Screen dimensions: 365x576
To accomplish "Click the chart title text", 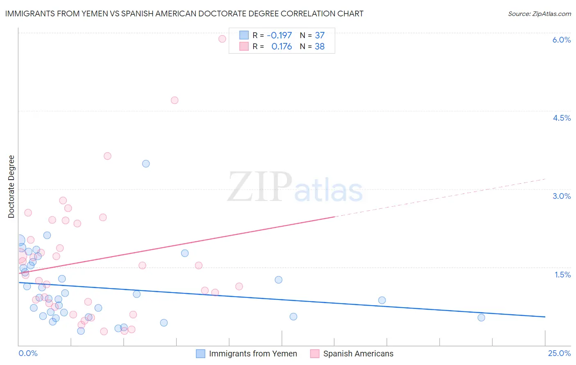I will tap(184, 14).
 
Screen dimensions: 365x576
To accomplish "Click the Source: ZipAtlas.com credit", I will tap(539, 14).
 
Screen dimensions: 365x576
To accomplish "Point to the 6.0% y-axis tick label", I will tap(561, 40).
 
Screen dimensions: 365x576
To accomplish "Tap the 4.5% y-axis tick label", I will tap(561, 118).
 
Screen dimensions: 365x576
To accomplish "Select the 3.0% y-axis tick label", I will tap(561, 196).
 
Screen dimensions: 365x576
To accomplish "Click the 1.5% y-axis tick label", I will tap(562, 275).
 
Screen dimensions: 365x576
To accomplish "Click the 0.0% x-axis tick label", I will tap(28, 353).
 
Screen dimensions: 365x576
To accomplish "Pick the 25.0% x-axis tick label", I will tap(559, 353).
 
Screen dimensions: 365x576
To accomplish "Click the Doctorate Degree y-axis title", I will tap(11, 187).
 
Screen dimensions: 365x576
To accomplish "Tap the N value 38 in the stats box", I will tap(320, 47).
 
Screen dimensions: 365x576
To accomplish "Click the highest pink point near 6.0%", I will tap(222, 39).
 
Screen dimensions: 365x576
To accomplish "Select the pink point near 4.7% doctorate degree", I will tap(175, 100).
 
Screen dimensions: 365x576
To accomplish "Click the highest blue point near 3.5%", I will tap(146, 164).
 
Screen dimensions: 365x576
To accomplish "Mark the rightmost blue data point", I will tap(481, 318).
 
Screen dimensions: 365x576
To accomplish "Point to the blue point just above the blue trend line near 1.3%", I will tap(279, 280).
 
